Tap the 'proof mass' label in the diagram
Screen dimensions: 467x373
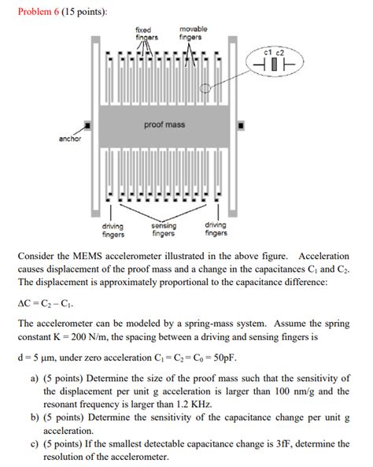164,124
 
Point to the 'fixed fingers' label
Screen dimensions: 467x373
146,33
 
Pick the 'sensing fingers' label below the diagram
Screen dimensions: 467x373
163,229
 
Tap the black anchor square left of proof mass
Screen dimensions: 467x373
88,125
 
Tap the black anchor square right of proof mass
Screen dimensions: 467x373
240,125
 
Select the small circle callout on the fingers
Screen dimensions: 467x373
206,89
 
